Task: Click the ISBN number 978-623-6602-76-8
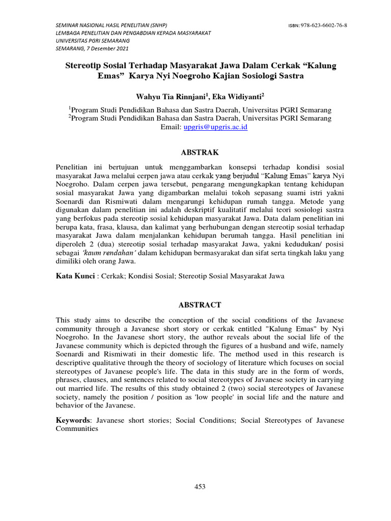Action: [x=322, y=25]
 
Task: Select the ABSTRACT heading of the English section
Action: [x=199, y=305]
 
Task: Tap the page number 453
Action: [x=200, y=487]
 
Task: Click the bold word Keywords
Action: [x=74, y=420]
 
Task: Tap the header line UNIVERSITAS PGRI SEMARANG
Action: [x=92, y=41]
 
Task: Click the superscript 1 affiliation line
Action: [x=200, y=109]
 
